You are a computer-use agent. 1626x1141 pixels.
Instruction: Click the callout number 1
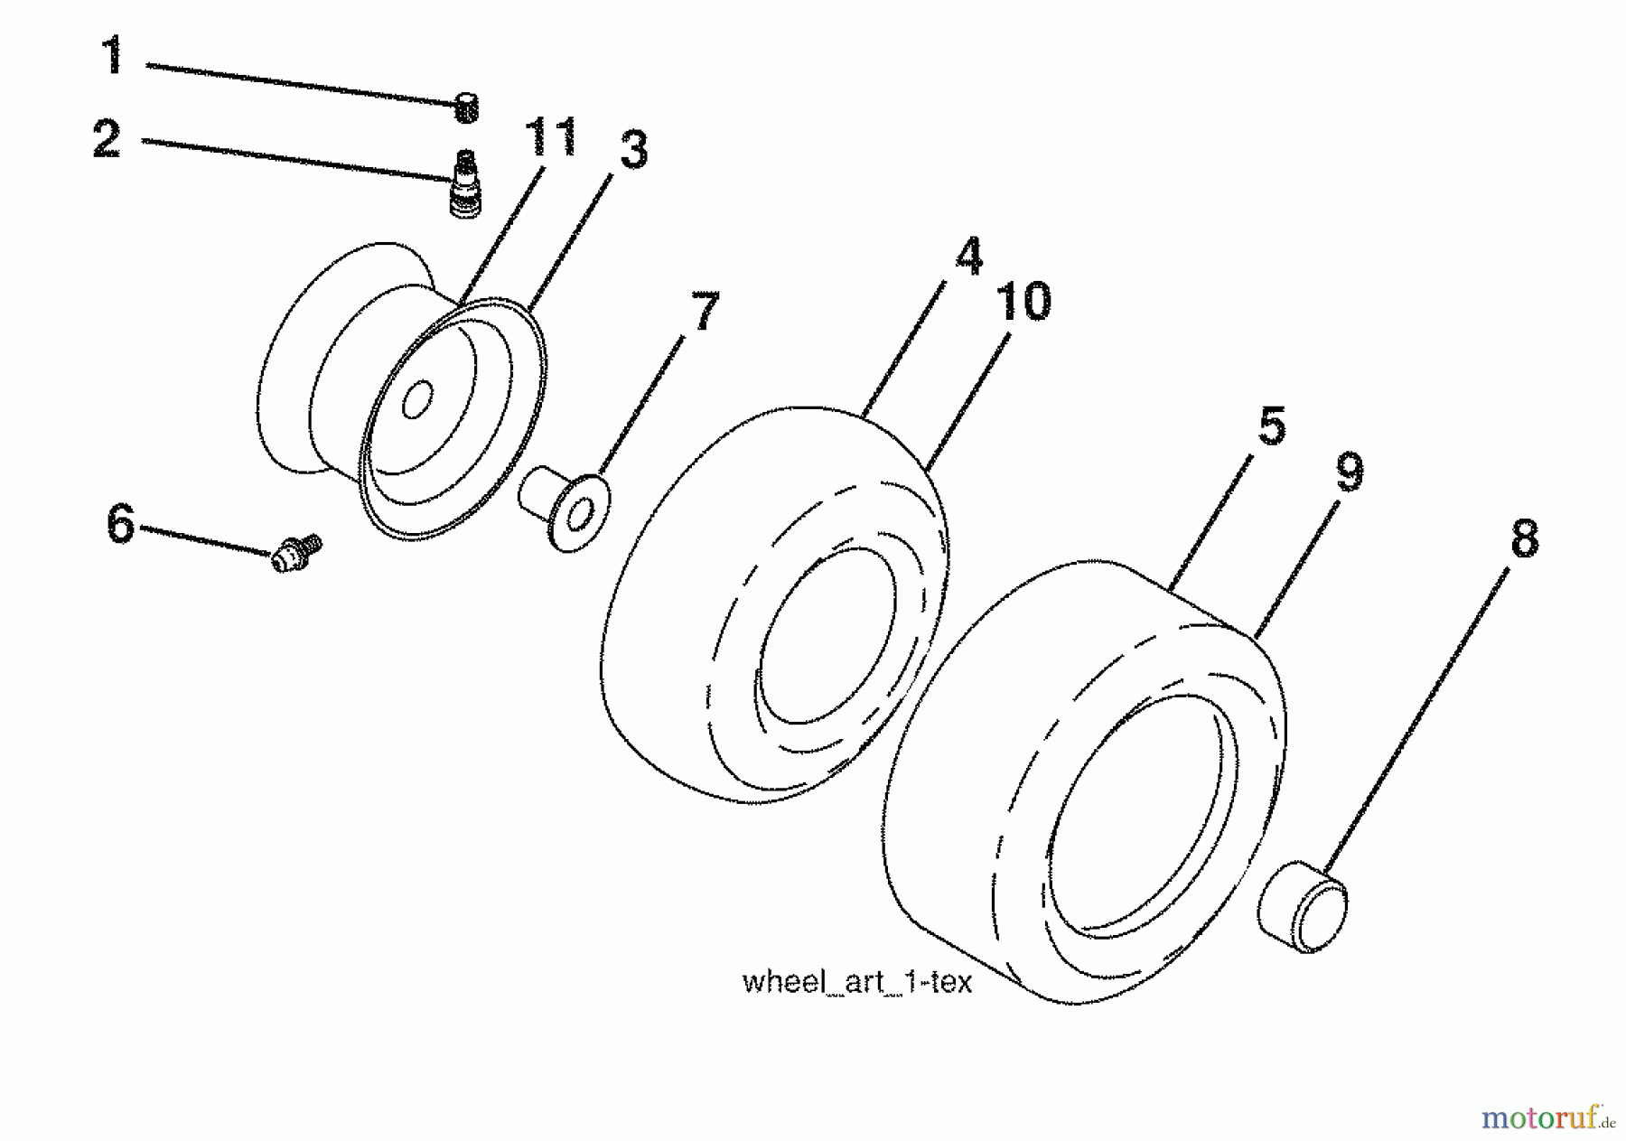113,57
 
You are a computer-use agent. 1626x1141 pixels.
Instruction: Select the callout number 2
107,140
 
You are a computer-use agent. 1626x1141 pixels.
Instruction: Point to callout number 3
633,150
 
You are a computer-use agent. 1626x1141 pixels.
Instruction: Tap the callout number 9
1349,472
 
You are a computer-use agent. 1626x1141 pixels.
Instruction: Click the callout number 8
1523,539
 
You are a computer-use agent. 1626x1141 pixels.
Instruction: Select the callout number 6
120,524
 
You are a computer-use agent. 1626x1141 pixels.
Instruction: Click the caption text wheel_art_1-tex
856,982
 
